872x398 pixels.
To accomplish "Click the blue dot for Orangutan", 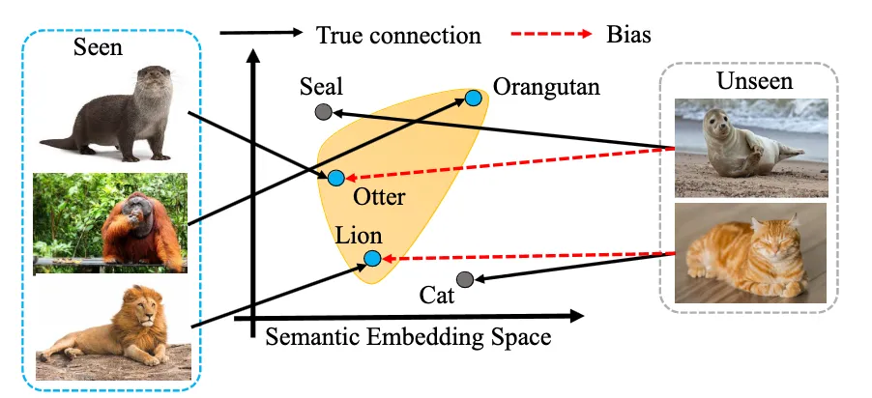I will [474, 98].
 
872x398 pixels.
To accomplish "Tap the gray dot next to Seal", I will [324, 112].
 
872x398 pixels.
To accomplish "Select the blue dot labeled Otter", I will [336, 178].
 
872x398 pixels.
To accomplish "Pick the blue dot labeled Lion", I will [372, 258].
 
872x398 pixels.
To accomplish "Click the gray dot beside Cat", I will [465, 280].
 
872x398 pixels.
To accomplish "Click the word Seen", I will [98, 47].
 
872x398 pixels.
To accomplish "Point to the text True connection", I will [398, 36].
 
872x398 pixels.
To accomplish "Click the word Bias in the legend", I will [630, 36].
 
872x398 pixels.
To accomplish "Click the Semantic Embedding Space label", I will [407, 338].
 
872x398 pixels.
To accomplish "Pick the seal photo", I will [750, 146].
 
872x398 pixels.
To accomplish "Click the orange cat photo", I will [750, 253].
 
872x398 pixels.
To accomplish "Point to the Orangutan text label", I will [546, 87].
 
